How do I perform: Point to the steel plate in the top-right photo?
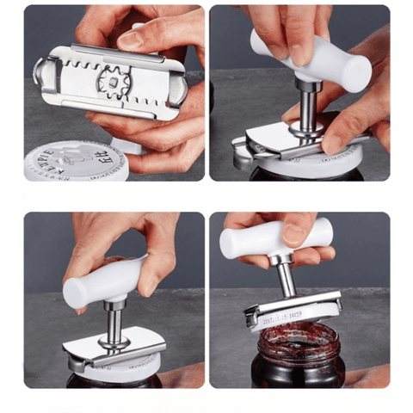click(x=284, y=138)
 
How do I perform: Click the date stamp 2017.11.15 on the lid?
click(x=280, y=313)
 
